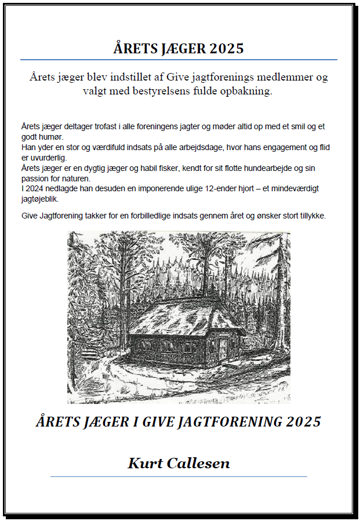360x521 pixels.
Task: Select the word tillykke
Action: [310, 216]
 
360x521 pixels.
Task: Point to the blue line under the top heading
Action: [179, 60]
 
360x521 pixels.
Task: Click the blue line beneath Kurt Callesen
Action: [179, 476]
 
